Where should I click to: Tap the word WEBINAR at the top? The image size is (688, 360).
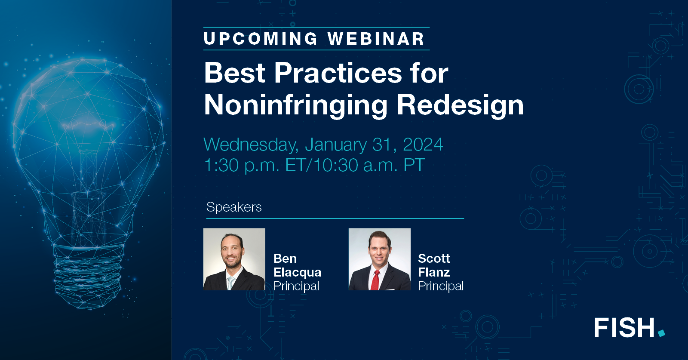tap(376, 39)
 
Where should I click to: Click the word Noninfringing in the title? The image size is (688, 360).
tap(296, 105)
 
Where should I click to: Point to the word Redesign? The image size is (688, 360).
tap(460, 105)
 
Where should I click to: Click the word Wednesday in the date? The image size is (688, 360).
tap(251, 145)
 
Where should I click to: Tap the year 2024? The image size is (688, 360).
tap(423, 145)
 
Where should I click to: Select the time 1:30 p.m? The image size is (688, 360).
tap(242, 166)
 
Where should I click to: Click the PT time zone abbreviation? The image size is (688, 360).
tap(414, 166)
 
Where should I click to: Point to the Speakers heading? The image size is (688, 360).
tap(234, 207)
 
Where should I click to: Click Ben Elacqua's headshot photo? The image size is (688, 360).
tap(234, 259)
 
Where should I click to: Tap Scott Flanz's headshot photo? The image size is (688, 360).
tap(379, 259)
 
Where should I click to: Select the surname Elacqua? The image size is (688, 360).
tap(297, 272)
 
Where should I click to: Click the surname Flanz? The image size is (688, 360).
tap(434, 272)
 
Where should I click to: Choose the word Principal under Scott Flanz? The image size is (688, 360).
tap(441, 286)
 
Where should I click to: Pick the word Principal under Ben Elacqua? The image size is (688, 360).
tap(296, 286)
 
